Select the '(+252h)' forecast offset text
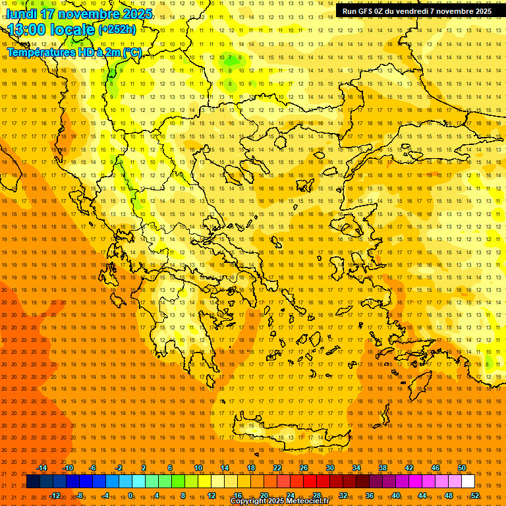coord(117,29)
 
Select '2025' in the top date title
coord(138,14)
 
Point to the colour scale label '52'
coord(475,495)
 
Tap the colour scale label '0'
coord(130,495)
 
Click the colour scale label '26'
coord(304,468)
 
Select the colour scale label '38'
coord(383,468)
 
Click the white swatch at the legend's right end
coord(468,482)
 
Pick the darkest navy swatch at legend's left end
coord(33,482)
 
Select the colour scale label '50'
coord(462,468)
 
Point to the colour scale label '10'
coord(198,468)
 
